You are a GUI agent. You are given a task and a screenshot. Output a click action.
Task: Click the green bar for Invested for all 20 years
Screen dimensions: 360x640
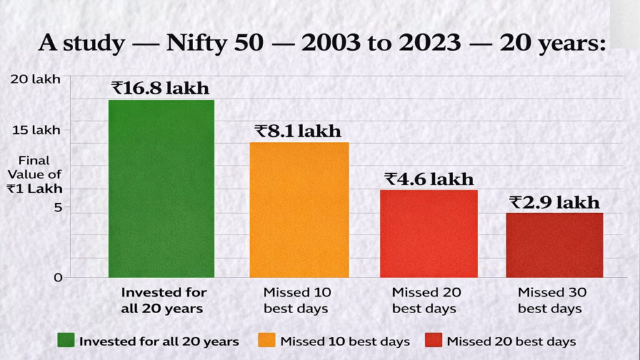click(161, 188)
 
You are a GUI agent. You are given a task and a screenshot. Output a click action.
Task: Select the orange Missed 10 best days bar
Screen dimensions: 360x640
click(299, 209)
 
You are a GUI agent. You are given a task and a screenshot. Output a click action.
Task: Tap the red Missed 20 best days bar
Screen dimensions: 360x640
click(429, 233)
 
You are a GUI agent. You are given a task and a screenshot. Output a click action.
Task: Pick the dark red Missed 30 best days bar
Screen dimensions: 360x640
click(554, 245)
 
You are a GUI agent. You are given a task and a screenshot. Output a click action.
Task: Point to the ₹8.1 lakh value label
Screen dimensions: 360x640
click(298, 131)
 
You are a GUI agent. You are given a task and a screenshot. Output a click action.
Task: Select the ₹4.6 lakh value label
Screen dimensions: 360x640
click(429, 179)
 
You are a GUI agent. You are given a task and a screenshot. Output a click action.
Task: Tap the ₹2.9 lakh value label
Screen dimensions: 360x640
click(554, 202)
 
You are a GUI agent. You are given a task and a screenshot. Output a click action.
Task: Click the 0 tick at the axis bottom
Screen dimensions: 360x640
click(57, 277)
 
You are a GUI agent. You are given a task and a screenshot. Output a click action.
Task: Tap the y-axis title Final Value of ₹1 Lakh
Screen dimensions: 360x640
click(38, 174)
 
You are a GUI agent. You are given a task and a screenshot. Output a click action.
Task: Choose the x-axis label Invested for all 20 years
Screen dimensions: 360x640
click(164, 300)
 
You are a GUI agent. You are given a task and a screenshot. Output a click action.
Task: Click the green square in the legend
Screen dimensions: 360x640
click(66, 341)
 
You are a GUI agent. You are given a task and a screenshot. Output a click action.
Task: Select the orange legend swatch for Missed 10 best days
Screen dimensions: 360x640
click(267, 341)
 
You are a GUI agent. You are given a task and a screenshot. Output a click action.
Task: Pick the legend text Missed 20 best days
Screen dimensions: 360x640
click(511, 341)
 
